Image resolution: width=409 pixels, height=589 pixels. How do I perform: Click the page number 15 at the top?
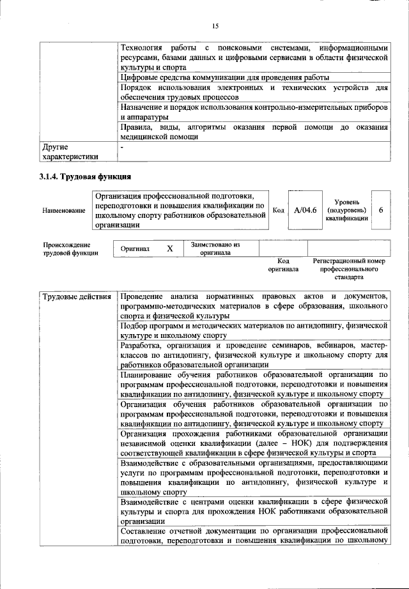[215, 26]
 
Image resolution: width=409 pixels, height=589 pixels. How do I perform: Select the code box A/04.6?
[303, 210]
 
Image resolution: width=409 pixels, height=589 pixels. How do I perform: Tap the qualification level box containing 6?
[381, 210]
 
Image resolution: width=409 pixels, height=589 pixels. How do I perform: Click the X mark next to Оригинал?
[169, 249]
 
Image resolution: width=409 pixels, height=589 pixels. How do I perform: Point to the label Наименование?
[64, 210]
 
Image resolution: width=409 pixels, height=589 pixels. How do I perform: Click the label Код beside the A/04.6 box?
[279, 210]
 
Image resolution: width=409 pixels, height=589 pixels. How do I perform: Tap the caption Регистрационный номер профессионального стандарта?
[349, 269]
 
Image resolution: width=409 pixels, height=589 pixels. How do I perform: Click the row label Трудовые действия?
[77, 297]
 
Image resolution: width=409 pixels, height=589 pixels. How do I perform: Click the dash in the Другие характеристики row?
[122, 147]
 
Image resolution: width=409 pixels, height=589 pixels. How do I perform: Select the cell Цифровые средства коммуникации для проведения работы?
[224, 77]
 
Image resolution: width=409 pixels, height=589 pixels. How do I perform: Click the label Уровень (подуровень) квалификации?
[346, 210]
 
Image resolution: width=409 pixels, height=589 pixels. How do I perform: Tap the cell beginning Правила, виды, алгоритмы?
[254, 132]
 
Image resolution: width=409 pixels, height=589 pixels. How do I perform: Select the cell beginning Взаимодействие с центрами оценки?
[254, 511]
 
